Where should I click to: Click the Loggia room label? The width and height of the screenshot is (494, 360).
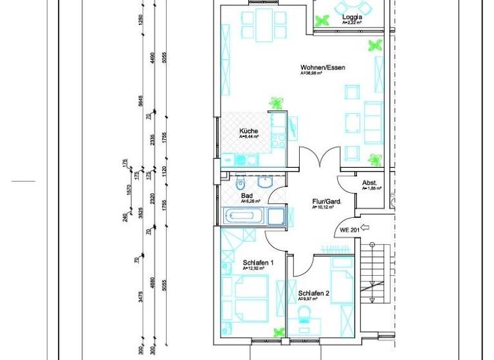tap(352, 17)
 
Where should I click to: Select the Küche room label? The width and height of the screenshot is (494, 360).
tap(248, 131)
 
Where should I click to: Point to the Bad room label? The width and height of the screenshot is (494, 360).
tap(246, 195)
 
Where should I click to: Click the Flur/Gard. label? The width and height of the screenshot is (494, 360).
tap(326, 201)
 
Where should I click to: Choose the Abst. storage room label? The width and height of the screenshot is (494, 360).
tap(369, 183)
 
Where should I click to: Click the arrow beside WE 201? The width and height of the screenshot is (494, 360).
tap(367, 227)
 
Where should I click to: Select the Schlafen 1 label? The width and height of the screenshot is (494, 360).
tap(259, 262)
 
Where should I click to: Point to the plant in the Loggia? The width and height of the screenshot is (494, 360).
tap(320, 21)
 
